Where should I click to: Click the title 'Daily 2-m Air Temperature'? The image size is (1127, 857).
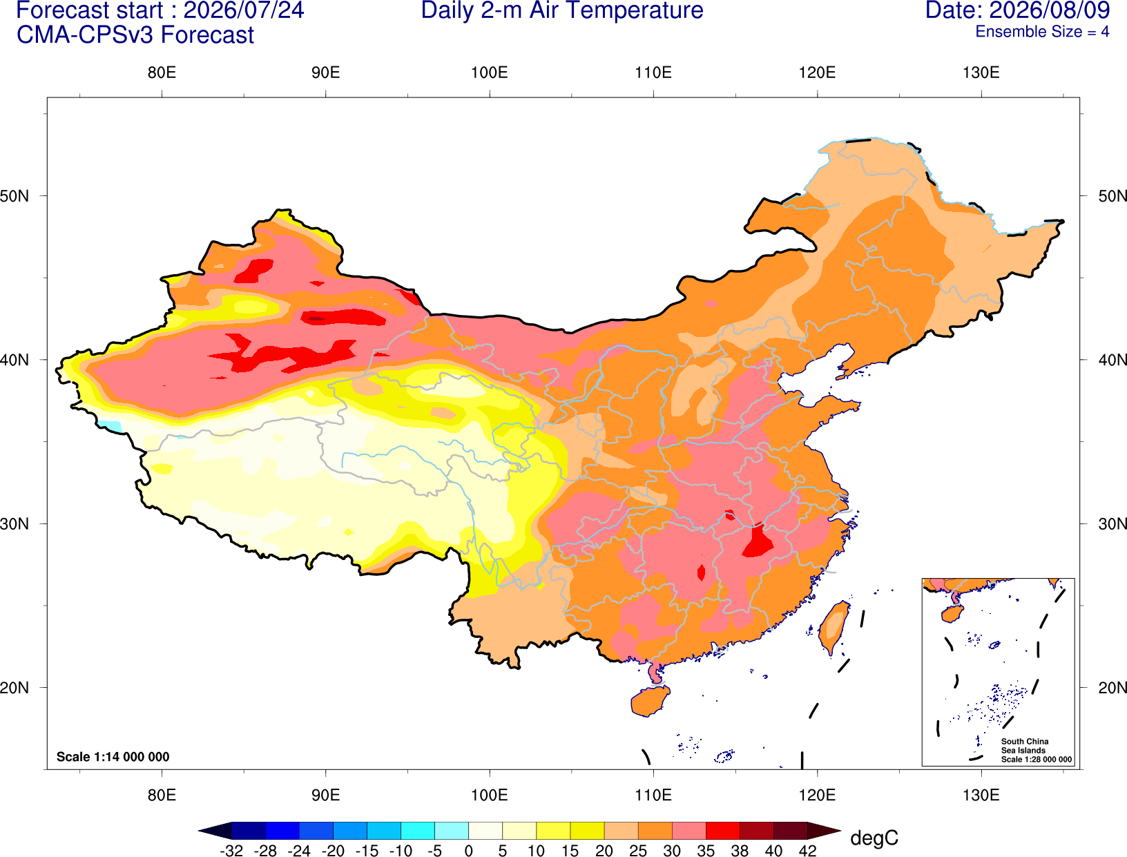[561, 10]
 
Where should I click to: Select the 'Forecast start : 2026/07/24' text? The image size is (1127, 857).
[160, 10]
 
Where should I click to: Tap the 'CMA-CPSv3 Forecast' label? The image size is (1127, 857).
[135, 35]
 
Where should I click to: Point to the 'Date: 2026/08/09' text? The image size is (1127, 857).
[1018, 10]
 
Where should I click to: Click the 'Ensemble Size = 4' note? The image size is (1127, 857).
[1042, 32]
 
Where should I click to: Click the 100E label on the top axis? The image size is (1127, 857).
[490, 73]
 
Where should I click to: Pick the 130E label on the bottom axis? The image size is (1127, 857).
[981, 796]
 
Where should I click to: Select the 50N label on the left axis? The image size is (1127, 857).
[15, 196]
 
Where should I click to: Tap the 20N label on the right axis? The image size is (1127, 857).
[1112, 688]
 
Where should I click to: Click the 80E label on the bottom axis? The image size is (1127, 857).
[162, 796]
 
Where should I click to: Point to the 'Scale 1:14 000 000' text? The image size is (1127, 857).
[113, 756]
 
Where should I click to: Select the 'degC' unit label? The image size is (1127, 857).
[874, 838]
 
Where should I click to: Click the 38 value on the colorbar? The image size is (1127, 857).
[740, 851]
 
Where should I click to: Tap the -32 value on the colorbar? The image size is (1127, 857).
[231, 851]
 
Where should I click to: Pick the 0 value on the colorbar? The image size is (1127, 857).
[468, 851]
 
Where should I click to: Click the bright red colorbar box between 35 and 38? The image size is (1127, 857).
[722, 830]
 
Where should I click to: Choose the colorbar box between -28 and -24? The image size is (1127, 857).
[282, 830]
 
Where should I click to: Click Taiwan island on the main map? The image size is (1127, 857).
[832, 628]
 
